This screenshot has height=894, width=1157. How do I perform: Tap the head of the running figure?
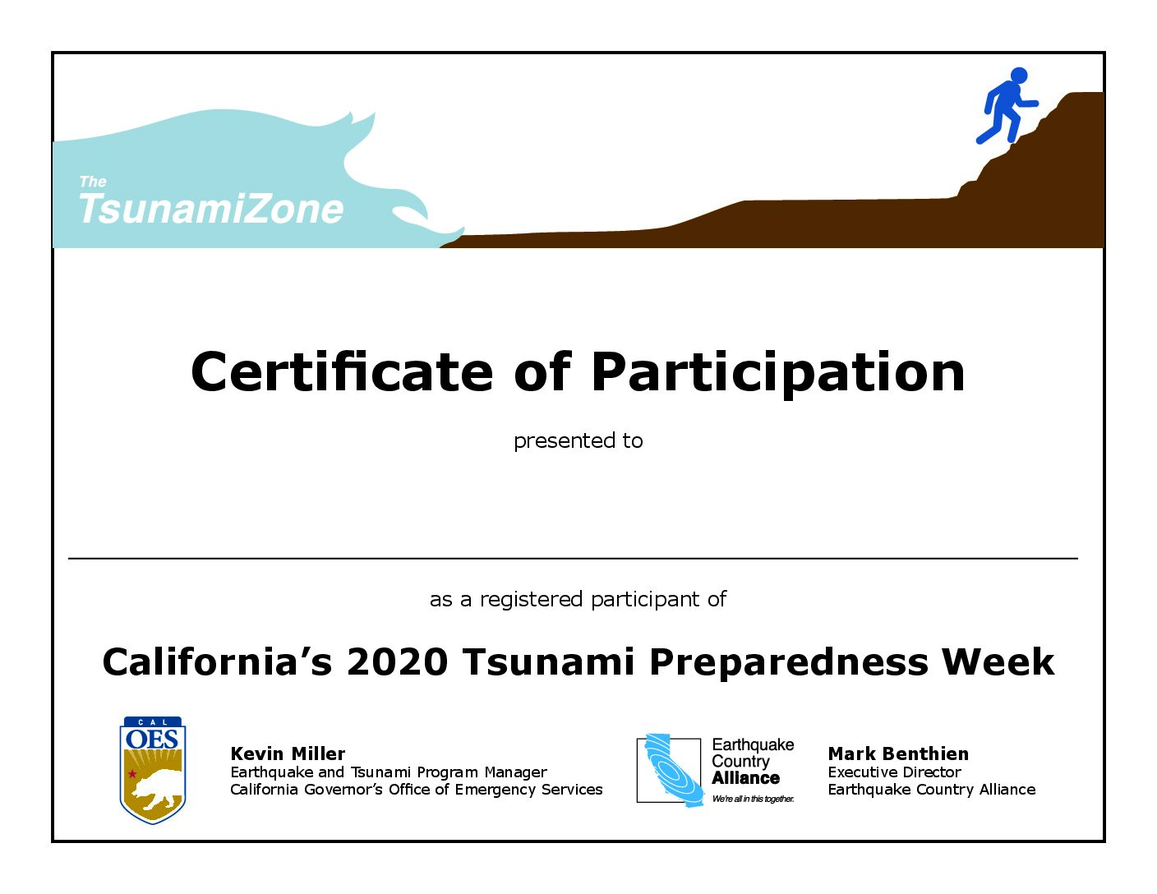tap(1019, 75)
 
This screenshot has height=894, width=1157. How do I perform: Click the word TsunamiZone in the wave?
tap(211, 208)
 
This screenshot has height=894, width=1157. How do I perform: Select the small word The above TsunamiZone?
tap(93, 182)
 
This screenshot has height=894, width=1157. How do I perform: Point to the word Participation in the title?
tap(778, 375)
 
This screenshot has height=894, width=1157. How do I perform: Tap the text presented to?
tap(578, 441)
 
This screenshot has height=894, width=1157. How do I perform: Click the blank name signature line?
tap(573, 559)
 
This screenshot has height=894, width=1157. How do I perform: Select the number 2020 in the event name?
tap(397, 661)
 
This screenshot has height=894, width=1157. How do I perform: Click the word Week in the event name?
tap(998, 661)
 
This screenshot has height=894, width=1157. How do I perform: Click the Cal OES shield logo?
tap(153, 770)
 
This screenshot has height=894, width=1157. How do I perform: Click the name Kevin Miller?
tap(288, 753)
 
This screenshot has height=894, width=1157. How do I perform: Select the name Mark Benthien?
tap(898, 753)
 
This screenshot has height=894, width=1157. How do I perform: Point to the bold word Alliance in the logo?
tap(745, 778)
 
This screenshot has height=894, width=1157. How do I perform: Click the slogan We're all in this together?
tap(753, 799)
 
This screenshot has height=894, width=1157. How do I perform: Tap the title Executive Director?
tap(894, 772)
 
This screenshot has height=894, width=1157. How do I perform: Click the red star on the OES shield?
tap(132, 774)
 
